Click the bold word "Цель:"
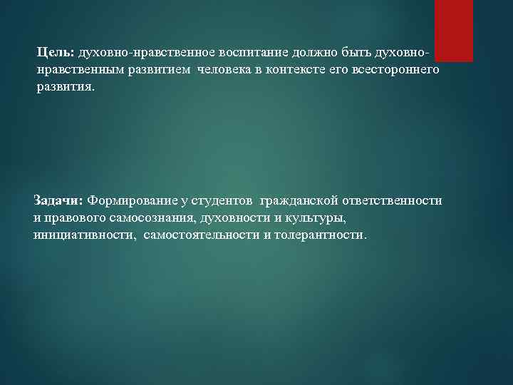tap(56, 53)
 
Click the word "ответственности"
tap(395, 201)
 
